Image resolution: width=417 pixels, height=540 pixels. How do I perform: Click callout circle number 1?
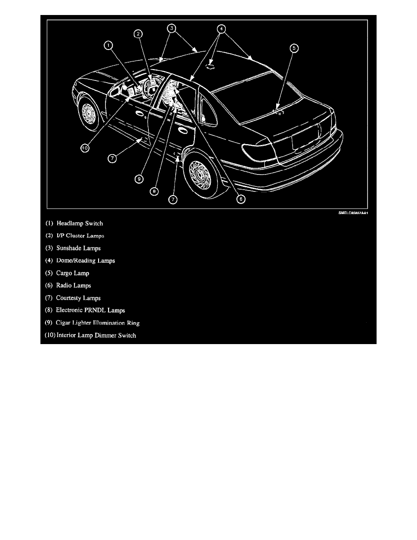tap(109, 45)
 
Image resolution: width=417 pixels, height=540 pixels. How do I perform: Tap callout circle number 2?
tap(138, 34)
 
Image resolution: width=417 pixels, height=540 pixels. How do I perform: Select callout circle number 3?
tap(172, 28)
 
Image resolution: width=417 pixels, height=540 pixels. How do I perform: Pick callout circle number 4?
tap(221, 29)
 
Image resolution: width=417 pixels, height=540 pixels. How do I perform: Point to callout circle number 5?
tap(294, 48)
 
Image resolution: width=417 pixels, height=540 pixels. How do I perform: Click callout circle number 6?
tap(241, 199)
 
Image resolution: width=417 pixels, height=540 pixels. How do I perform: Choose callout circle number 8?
tap(154, 191)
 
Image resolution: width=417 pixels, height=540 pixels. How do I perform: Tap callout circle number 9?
tap(139, 179)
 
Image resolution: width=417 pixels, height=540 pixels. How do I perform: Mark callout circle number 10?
tap(85, 148)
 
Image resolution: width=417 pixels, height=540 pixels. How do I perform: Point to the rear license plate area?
tap(306, 142)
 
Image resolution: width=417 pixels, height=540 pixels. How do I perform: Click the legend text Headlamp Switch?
tap(80, 224)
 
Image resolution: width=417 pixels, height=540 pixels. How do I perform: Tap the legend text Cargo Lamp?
tap(73, 273)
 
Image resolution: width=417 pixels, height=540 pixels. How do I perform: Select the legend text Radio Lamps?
tap(74, 285)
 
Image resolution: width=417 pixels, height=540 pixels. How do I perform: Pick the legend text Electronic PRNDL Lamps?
tap(90, 310)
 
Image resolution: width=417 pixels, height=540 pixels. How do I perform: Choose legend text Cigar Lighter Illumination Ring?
tap(98, 323)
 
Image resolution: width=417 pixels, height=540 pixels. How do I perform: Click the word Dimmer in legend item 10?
tap(106, 335)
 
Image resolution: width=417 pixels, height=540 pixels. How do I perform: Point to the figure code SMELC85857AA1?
tap(353, 213)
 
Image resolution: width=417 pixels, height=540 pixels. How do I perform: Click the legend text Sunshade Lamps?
tap(79, 248)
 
